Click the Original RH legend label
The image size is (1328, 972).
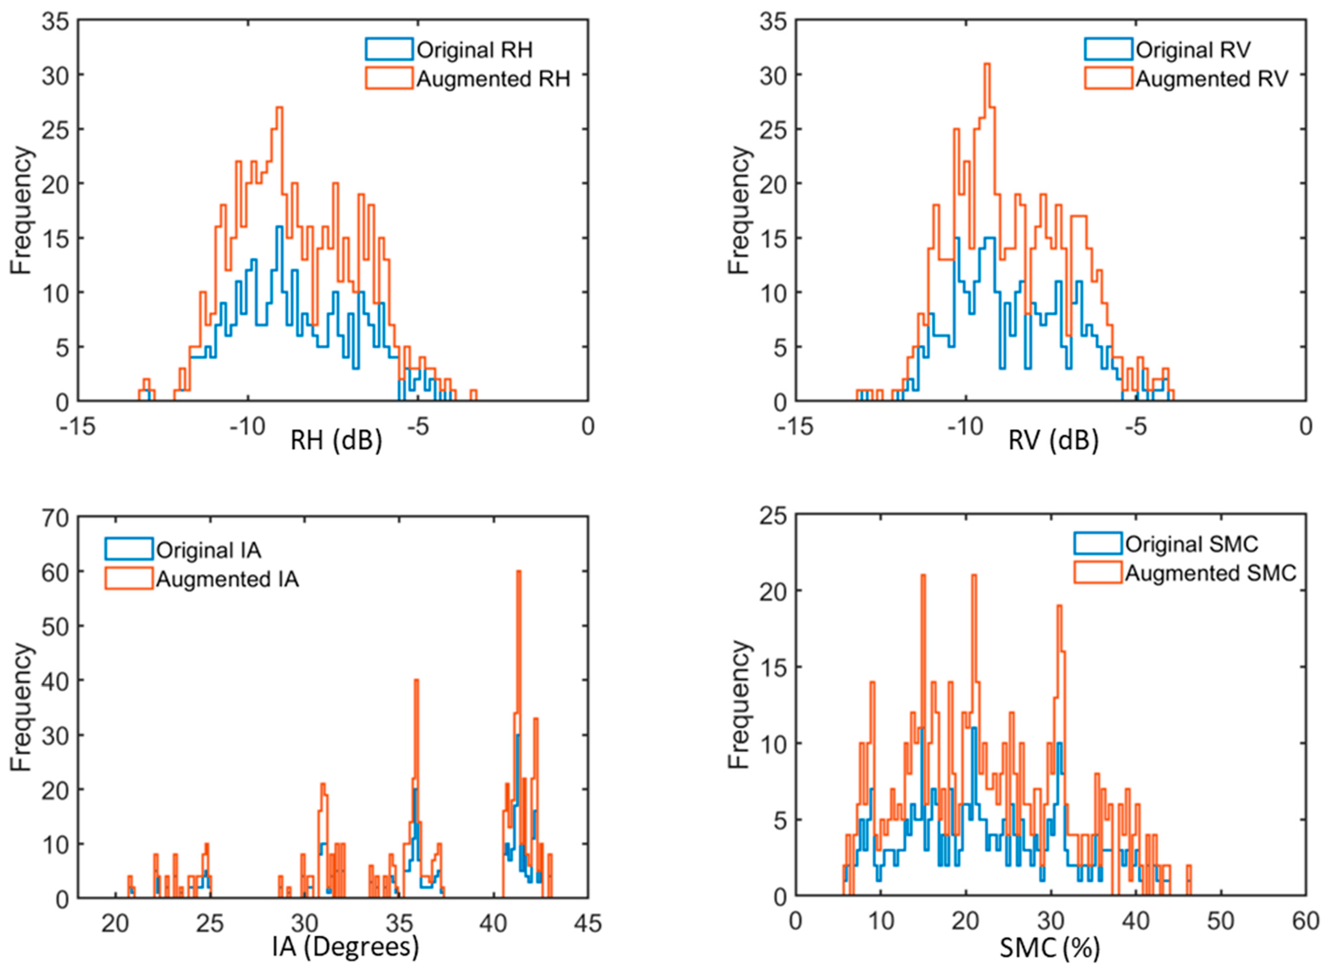pos(474,50)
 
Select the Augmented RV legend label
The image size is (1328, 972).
pos(1211,79)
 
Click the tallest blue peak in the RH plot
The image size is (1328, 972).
pos(279,227)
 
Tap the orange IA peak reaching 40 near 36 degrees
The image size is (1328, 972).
pos(416,681)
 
